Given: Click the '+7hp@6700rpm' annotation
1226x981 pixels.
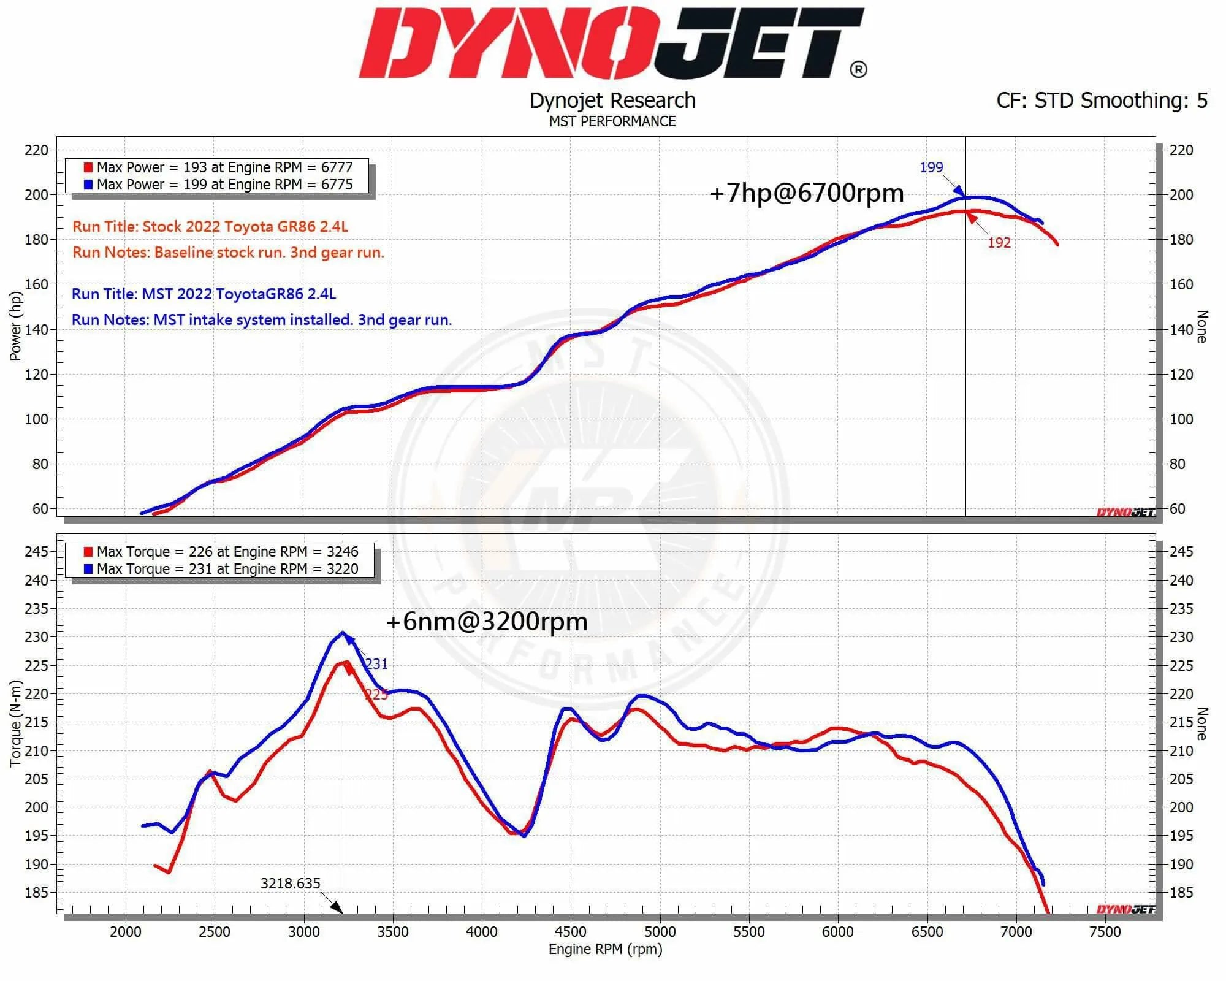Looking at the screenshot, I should [806, 193].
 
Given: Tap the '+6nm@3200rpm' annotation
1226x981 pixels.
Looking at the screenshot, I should [487, 622].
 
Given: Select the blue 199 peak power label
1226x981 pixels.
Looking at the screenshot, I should [931, 167].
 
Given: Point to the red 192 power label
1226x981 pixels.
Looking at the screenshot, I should [999, 243].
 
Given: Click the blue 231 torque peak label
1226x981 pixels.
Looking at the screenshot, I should [376, 664].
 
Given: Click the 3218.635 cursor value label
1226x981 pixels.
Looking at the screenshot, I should [290, 884].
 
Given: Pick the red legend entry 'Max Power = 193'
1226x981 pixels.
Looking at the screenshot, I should [218, 167].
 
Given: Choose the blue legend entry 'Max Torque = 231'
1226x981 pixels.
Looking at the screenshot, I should [221, 569].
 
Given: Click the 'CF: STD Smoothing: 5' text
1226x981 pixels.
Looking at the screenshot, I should [1102, 101].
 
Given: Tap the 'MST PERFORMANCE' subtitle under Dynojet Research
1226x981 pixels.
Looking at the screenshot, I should [612, 121].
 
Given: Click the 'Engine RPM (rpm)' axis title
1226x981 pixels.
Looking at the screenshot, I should [605, 949].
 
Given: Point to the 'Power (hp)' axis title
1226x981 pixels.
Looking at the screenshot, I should [15, 326].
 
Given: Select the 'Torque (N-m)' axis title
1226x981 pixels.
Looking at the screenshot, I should [15, 723].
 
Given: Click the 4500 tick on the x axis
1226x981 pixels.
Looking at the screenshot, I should [571, 932].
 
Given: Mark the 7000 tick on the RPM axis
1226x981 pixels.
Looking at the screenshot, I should [1016, 932].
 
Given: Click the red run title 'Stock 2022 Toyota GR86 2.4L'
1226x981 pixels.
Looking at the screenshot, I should [210, 226].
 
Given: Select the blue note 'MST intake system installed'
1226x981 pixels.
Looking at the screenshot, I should [262, 319].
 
